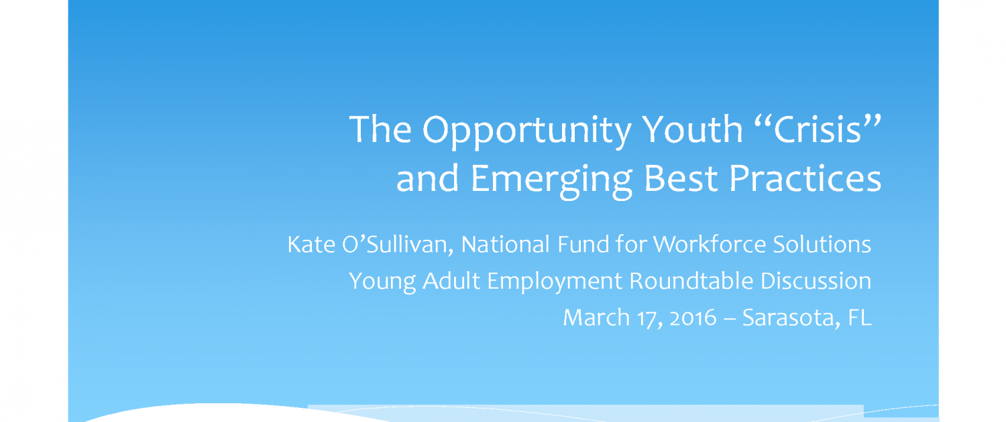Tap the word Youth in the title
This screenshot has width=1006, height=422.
click(692, 129)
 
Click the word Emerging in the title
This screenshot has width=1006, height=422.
click(552, 181)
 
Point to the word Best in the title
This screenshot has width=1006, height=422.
click(681, 178)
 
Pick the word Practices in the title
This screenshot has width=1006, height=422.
click(805, 178)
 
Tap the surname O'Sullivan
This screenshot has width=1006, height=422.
click(398, 245)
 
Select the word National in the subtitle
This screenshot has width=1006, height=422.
click(505, 244)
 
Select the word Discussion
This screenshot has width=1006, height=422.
click(816, 281)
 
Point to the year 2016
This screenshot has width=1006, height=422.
click(693, 318)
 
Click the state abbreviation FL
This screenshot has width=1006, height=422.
click(860, 318)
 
